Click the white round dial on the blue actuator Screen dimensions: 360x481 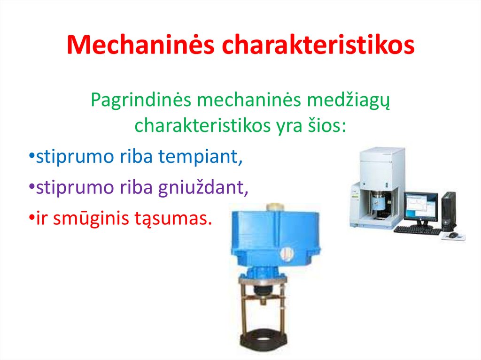click(x=285, y=254)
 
